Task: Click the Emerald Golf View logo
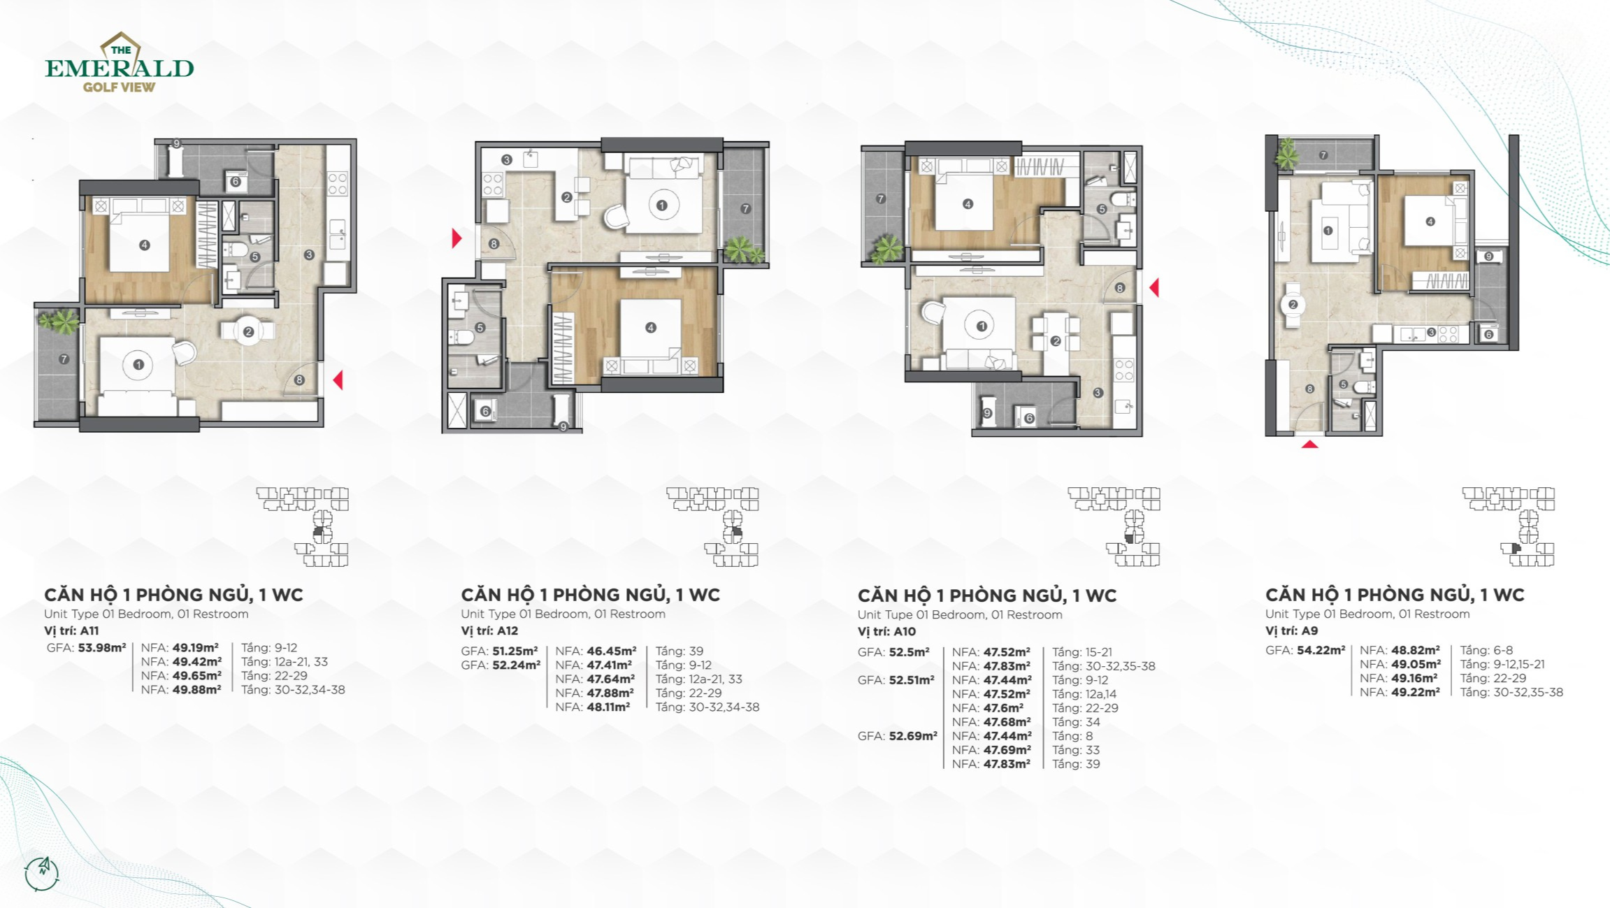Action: click(x=120, y=63)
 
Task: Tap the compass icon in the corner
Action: click(x=42, y=873)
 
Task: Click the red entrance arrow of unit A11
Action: click(x=338, y=380)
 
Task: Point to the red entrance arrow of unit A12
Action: click(x=457, y=238)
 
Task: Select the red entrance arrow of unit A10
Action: click(x=1154, y=287)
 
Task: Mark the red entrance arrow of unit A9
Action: click(x=1309, y=444)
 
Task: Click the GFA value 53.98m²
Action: click(x=102, y=647)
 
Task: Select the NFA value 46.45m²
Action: click(x=611, y=651)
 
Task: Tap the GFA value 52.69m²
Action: click(x=913, y=735)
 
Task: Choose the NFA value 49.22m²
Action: click(x=1415, y=692)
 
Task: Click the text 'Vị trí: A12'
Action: click(x=489, y=630)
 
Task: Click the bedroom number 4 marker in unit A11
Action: click(x=144, y=245)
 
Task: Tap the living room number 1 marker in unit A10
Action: click(x=981, y=326)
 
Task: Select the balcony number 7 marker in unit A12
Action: click(x=745, y=208)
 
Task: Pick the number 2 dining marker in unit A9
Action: click(x=1293, y=304)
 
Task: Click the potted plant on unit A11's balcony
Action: click(x=59, y=321)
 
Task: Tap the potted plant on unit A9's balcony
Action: click(x=1286, y=153)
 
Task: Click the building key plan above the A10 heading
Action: click(x=1114, y=526)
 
